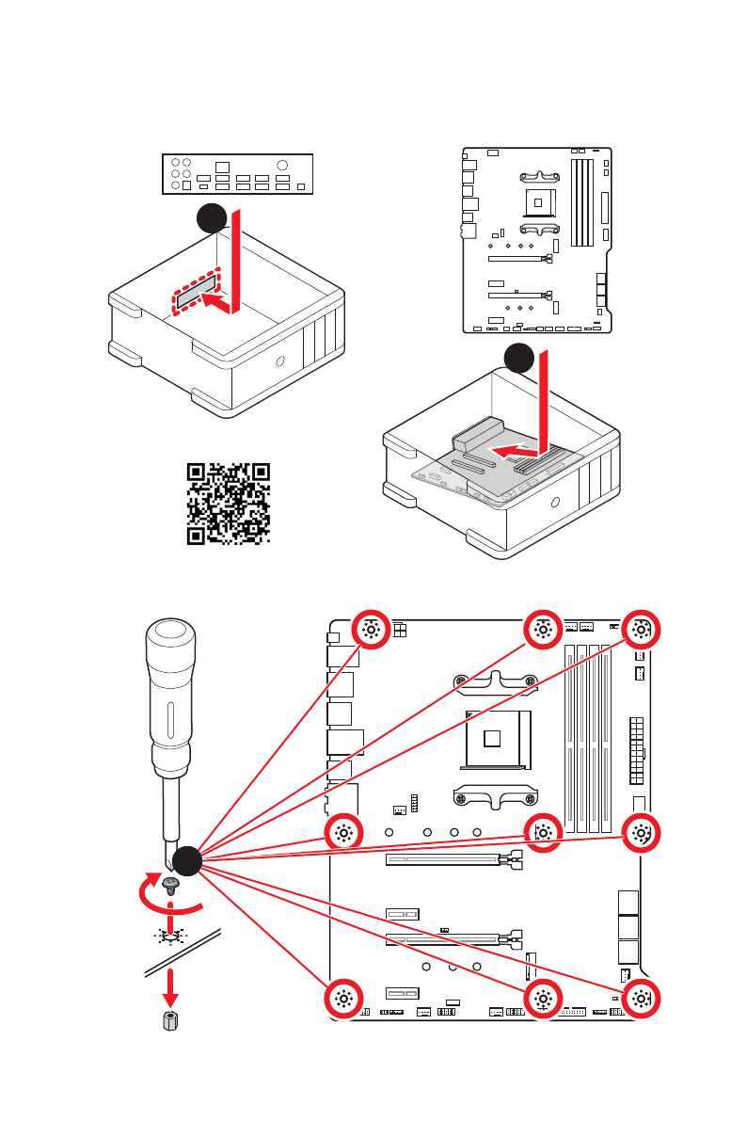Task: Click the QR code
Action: (229, 504)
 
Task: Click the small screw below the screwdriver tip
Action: (171, 885)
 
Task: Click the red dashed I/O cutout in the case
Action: (197, 292)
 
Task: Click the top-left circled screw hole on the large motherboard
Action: (370, 631)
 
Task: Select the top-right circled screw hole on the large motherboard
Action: (641, 631)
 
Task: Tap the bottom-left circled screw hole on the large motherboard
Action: (343, 1000)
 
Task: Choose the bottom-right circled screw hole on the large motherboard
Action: (641, 1000)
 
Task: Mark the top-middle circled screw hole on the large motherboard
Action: (542, 631)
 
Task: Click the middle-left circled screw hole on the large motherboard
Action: (343, 832)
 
